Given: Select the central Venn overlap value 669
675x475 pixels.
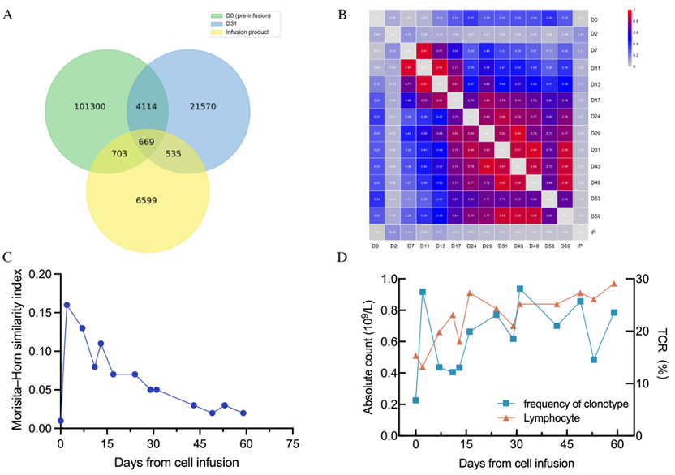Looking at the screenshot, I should pos(147,143).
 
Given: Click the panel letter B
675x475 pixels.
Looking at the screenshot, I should pos(342,15).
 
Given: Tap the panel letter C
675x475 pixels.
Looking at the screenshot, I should pos(7,258).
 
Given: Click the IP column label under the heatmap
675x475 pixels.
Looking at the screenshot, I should pos(579,245).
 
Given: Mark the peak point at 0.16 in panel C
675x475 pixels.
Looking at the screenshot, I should pos(67,305).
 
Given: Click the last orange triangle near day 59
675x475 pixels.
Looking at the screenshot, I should pos(614,284).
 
